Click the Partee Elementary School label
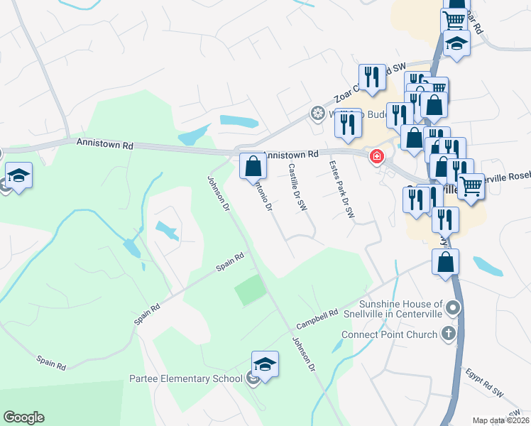point(186,378)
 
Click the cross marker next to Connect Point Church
point(447,333)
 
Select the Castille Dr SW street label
point(297,187)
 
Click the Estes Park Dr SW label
point(341,189)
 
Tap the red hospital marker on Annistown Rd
point(376,157)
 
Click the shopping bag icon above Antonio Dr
point(253,168)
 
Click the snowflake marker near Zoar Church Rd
point(318,114)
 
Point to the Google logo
point(23,417)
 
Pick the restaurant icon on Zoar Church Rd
point(371,77)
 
